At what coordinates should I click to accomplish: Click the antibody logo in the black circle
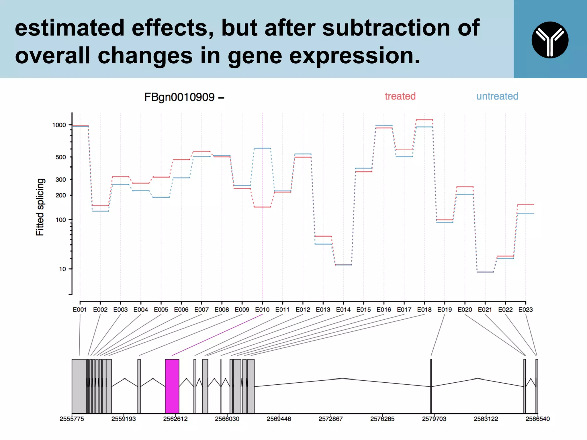click(x=550, y=40)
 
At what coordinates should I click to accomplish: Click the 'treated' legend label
click(x=400, y=96)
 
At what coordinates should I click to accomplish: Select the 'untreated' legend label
click(x=497, y=96)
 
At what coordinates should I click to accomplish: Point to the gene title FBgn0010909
click(x=179, y=97)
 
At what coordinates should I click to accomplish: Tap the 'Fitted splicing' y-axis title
click(x=40, y=207)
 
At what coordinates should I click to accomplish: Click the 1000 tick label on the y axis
click(x=59, y=125)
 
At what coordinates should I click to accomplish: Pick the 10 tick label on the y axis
click(x=62, y=269)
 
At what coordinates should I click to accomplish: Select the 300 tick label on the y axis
click(x=60, y=180)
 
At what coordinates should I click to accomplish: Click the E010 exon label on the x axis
click(x=262, y=310)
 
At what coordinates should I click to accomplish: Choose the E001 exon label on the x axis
click(x=80, y=310)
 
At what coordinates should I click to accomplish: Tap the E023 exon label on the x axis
click(x=525, y=310)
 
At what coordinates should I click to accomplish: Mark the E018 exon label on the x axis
click(x=424, y=310)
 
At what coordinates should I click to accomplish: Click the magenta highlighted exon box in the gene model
click(x=172, y=386)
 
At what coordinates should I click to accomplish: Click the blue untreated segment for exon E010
click(x=262, y=148)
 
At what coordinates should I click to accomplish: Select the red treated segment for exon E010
click(x=262, y=207)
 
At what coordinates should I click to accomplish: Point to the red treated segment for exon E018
click(x=424, y=120)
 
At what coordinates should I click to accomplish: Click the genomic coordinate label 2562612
click(x=175, y=419)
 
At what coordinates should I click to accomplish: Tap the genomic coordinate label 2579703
click(x=434, y=419)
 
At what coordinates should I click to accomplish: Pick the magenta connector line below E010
click(x=217, y=335)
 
